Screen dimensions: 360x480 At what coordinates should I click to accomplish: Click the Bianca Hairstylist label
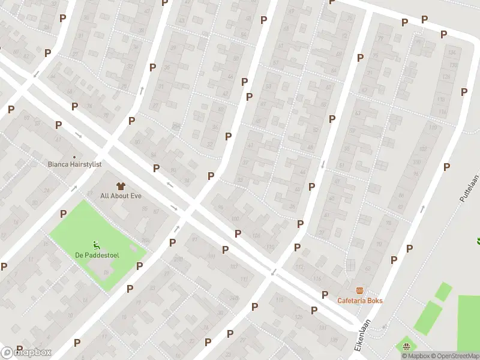[75, 164]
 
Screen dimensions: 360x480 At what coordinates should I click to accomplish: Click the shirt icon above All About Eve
[121, 185]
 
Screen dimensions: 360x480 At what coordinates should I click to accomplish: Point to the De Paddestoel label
[97, 255]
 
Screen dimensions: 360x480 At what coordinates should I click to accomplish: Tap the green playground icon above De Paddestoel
[97, 244]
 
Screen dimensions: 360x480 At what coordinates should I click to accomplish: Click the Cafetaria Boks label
[360, 301]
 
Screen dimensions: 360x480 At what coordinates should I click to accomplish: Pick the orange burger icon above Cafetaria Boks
[359, 290]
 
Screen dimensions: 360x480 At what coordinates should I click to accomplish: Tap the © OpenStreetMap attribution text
[454, 356]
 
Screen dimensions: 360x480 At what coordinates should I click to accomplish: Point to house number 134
[452, 53]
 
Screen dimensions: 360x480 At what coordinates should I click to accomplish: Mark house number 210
[178, 259]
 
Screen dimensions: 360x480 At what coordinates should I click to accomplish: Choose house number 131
[322, 329]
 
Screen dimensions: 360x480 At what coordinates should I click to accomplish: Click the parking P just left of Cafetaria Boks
[325, 295]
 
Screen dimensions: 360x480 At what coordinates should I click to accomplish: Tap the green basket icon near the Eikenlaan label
[406, 346]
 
